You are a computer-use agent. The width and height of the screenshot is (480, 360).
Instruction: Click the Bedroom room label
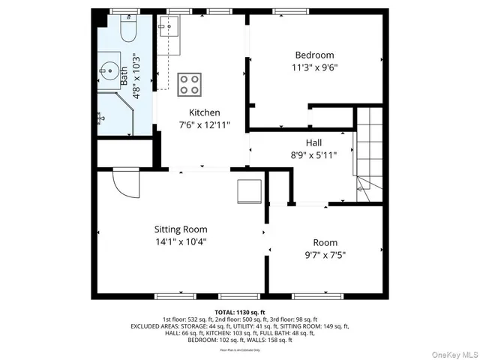tap(314, 55)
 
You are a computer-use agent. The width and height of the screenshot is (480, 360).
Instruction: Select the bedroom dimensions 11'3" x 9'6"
tap(314, 67)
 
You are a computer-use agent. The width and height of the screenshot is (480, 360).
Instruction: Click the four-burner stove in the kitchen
tap(189, 84)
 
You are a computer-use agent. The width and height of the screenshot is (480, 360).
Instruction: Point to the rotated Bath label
tap(124, 75)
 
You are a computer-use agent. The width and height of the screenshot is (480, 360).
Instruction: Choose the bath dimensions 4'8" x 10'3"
tap(136, 76)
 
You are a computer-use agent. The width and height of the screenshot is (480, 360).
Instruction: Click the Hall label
tap(314, 142)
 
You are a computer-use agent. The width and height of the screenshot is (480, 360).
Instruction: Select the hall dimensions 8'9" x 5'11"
tap(314, 155)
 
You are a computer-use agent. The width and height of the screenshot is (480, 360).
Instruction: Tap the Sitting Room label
tap(181, 229)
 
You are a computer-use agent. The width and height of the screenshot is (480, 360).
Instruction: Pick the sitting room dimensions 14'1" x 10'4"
tap(181, 241)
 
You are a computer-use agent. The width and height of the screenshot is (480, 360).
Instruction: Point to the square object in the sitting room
tap(248, 191)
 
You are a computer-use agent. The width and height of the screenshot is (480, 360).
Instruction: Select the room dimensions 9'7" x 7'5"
tap(325, 255)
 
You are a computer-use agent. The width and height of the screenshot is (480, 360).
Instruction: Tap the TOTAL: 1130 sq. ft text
tap(240, 311)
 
